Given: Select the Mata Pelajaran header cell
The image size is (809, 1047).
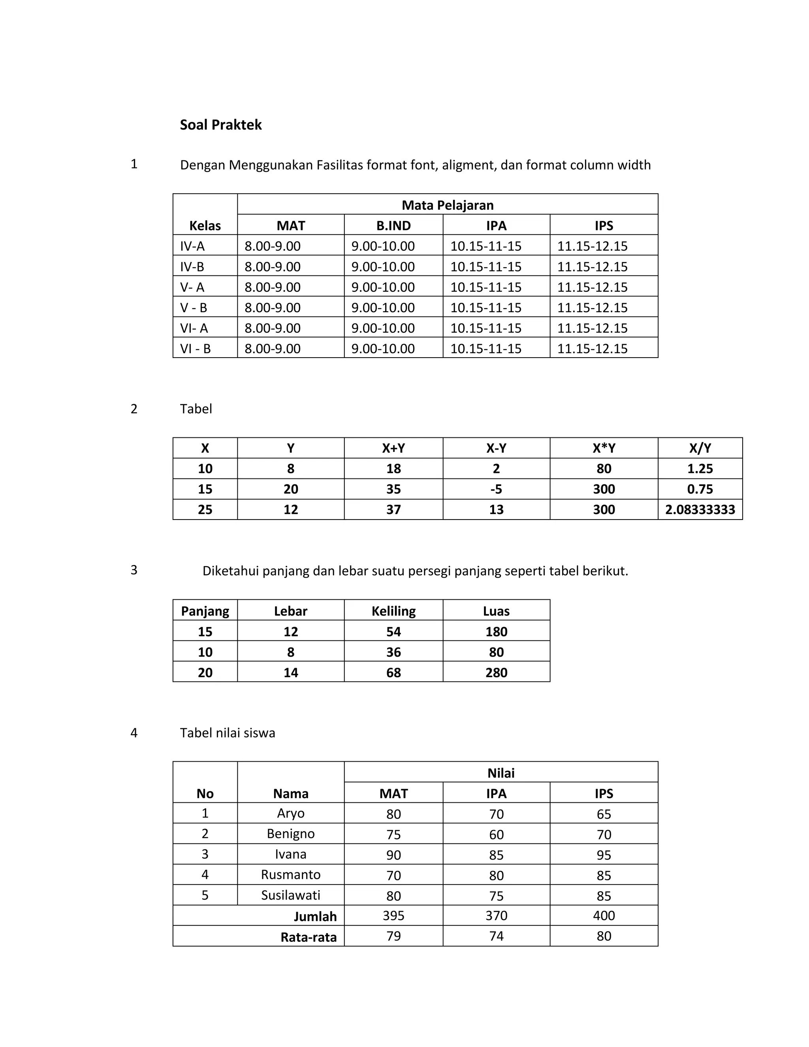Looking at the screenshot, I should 447,205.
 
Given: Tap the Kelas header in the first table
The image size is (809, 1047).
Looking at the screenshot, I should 205,225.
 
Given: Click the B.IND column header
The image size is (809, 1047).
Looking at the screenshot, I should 393,225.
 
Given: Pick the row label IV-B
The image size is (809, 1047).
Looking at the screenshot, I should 192,267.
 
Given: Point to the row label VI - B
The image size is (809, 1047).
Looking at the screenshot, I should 195,348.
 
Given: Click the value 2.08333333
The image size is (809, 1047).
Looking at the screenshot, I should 700,510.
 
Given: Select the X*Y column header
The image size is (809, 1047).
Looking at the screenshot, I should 604,448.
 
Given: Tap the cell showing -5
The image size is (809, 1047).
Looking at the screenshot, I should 496,489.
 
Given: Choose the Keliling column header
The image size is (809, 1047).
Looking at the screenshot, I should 393,611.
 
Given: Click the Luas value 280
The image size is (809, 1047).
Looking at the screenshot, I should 496,672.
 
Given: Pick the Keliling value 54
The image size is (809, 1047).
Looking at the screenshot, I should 393,631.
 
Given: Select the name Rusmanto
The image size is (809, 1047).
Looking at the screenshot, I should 290,874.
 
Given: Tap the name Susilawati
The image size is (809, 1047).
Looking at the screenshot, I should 290,895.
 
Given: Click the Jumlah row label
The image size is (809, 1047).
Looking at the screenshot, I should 315,916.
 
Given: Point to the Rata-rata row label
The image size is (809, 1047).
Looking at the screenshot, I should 308,937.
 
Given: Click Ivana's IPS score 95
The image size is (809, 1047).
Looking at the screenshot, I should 604,855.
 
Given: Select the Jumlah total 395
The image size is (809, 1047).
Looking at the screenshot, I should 393,916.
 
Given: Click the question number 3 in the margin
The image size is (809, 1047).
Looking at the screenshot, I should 134,570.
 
